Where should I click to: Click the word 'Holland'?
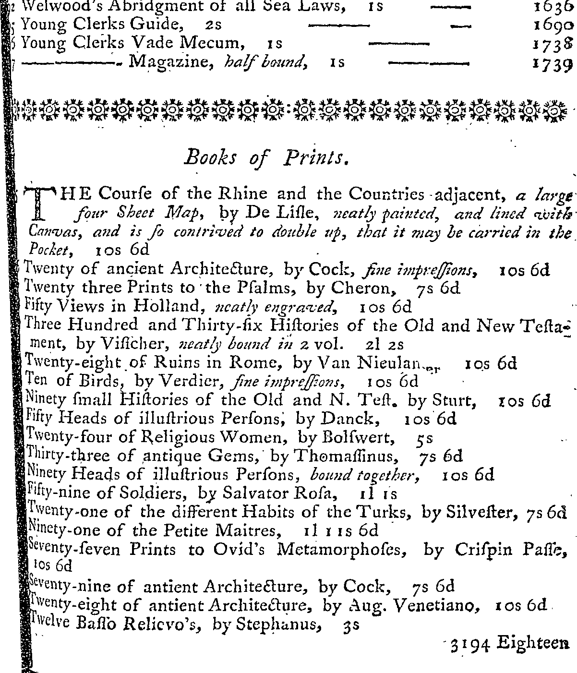[x=173, y=306]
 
